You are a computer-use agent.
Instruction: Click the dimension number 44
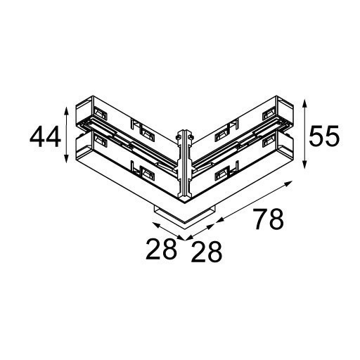coord(44,136)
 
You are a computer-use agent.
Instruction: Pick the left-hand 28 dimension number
coord(161,250)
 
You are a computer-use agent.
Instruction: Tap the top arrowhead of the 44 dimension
coord(66,110)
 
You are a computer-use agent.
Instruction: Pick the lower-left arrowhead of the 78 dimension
coord(217,220)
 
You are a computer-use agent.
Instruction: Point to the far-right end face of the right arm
coord(288,134)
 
